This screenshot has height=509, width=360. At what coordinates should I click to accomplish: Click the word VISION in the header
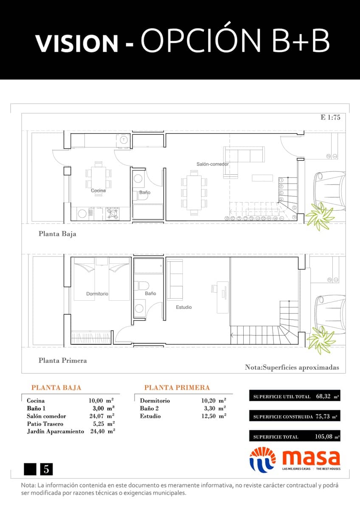point(76,43)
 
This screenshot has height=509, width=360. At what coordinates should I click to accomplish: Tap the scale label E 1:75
point(330,118)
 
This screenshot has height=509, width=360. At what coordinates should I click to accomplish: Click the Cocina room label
point(98,190)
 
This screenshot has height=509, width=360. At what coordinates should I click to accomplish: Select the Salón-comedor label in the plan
point(212,164)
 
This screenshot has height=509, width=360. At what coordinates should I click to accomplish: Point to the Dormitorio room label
point(97,294)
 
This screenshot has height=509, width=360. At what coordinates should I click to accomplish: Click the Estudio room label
point(184,307)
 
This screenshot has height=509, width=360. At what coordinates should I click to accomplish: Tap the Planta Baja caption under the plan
point(57,234)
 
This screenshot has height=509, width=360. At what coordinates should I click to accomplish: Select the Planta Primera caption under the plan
point(62,361)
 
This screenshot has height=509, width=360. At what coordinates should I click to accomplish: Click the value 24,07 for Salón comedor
point(96,416)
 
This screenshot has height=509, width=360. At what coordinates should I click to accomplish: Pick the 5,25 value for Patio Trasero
point(98,424)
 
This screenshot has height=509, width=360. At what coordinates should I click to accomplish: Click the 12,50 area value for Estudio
point(209,416)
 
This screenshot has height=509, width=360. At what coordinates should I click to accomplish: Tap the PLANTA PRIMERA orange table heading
point(177,388)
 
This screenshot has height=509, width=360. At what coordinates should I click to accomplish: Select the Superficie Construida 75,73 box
point(295,417)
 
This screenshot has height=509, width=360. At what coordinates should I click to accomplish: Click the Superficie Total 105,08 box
point(295,436)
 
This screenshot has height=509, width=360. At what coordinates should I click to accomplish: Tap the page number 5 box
point(46,469)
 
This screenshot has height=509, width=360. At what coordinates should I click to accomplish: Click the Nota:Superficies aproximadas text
point(292,368)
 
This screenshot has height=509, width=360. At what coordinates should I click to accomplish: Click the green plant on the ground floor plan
point(322,217)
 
